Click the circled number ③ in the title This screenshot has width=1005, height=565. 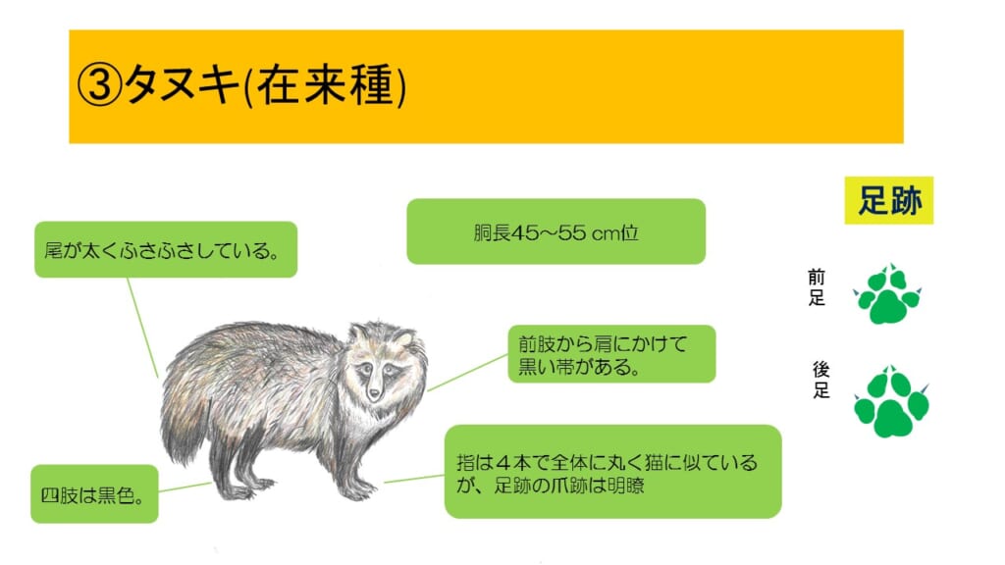click(x=99, y=86)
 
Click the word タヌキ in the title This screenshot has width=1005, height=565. click(x=182, y=85)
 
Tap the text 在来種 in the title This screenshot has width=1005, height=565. click(x=325, y=86)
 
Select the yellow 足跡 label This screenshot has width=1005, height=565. click(x=889, y=200)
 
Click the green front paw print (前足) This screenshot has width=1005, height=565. click(x=887, y=294)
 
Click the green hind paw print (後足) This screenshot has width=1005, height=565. click(x=891, y=401)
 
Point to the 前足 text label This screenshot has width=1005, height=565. click(x=816, y=287)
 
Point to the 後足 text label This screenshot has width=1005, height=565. click(x=821, y=380)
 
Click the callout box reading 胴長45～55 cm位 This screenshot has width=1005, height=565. click(x=556, y=231)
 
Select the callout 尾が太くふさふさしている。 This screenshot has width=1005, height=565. click(x=166, y=249)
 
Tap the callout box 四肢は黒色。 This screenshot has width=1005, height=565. click(x=95, y=494)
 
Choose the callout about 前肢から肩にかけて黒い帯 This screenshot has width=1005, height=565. click(x=611, y=353)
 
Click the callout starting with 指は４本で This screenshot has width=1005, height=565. click(x=612, y=472)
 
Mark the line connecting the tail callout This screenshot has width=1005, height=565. click(x=142, y=328)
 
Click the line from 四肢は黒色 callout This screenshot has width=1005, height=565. click(x=185, y=487)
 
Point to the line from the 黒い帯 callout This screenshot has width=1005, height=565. click(x=467, y=372)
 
